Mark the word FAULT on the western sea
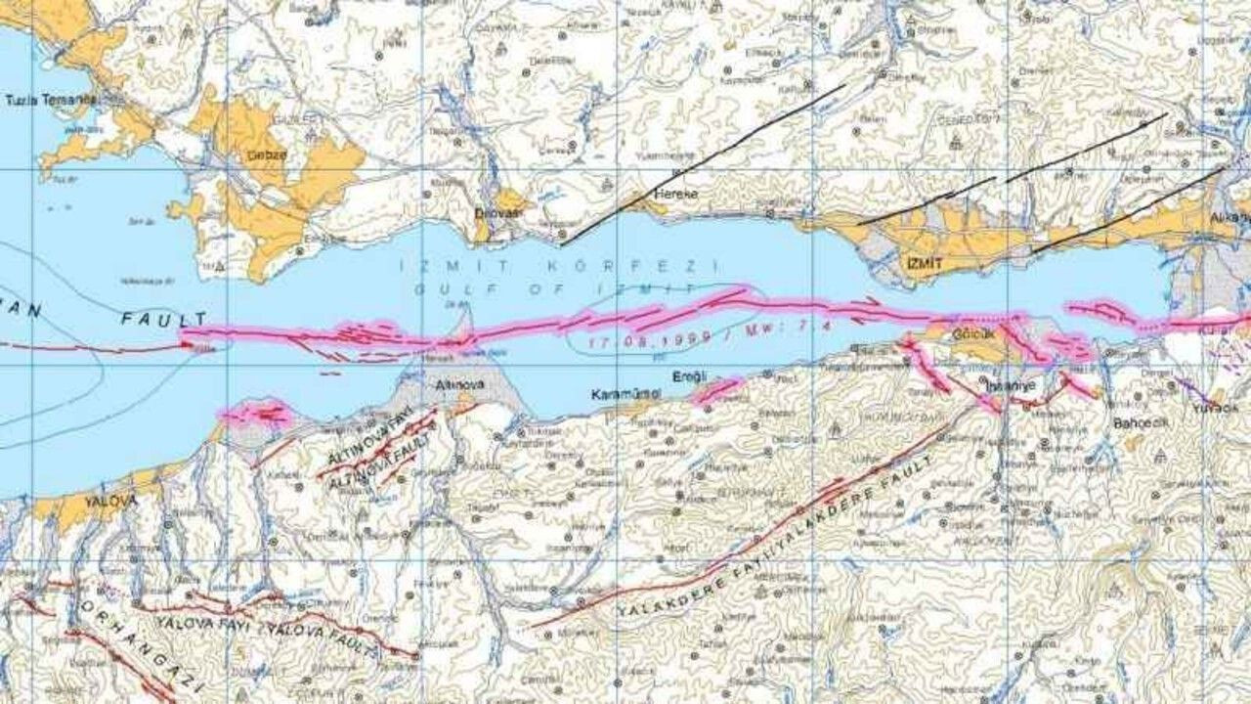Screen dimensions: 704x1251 click(x=164, y=320)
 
